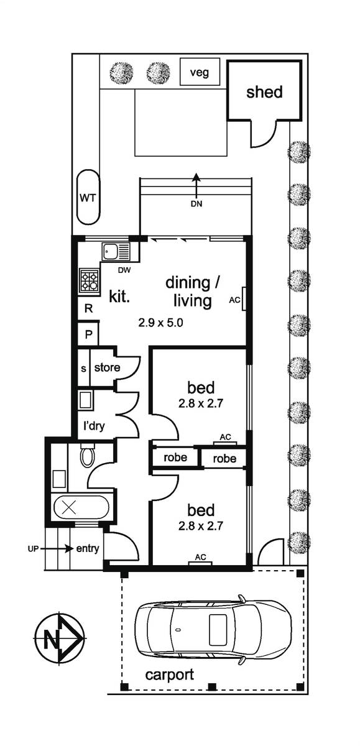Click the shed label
(x=264, y=92)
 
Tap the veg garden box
(x=200, y=71)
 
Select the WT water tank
(x=88, y=197)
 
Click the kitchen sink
(x=116, y=251)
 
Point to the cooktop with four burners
(x=90, y=281)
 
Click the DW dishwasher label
(x=124, y=270)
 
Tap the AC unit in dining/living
(x=244, y=299)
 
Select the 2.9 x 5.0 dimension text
(x=160, y=323)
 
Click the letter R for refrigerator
(x=88, y=309)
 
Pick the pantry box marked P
(x=88, y=334)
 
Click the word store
(x=107, y=367)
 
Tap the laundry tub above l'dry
(x=86, y=400)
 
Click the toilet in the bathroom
(x=88, y=454)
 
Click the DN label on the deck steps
(x=196, y=204)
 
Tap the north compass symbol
(x=60, y=638)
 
